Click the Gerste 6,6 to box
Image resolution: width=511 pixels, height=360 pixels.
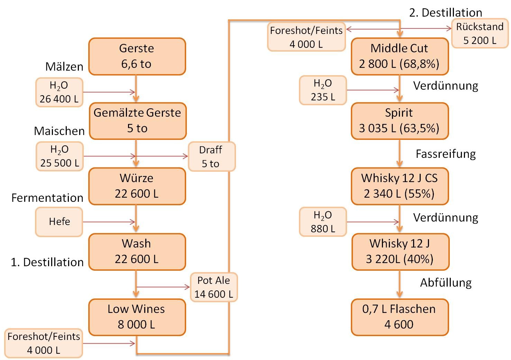pos(137,56)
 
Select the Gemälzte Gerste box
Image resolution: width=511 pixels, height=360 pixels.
pos(137,121)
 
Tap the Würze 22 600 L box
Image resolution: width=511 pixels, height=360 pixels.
pos(137,186)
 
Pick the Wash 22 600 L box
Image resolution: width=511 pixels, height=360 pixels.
pos(137,252)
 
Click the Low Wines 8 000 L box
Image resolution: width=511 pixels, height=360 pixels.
pos(137,317)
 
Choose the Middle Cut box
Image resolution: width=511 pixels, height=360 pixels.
pos(400,56)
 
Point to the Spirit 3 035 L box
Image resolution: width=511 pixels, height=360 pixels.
pos(400,121)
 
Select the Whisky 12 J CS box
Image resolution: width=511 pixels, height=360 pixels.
pos(400,186)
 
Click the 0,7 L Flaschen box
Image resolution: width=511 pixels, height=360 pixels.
pos(400,317)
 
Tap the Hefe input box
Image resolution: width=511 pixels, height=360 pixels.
pos(59,222)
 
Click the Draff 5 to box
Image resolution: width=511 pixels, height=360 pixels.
pos(211,157)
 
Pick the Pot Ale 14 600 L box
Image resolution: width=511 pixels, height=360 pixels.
pos(214,287)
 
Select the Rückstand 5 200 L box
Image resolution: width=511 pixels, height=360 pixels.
pos(480,33)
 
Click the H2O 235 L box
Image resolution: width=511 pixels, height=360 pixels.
pos(323,90)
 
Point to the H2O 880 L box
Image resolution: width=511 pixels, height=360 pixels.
pos(323,222)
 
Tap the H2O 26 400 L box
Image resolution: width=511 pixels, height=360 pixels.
pos(59,92)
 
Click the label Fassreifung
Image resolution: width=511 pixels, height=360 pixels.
pos(446,154)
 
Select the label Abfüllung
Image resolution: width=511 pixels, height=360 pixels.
pos(446,283)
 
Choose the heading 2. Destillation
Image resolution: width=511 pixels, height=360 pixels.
pos(446,13)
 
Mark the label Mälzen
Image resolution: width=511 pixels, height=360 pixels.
pos(64,66)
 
